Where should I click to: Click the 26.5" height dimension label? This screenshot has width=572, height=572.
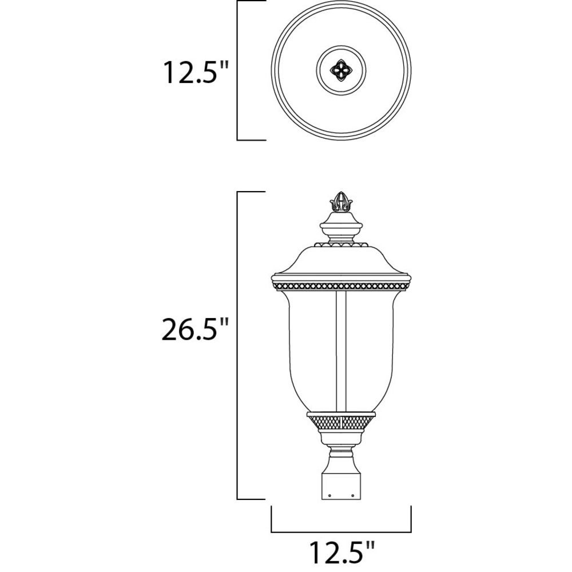[x=195, y=329]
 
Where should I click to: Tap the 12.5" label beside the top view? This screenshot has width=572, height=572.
[x=196, y=73]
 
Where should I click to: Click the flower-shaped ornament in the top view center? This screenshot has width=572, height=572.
[x=341, y=70]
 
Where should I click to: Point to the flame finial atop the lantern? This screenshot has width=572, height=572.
[x=341, y=202]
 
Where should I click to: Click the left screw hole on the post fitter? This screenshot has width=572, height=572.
[x=329, y=496]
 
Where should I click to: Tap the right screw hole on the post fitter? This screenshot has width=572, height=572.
[x=352, y=496]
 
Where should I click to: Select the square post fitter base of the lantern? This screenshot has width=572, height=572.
[x=341, y=486]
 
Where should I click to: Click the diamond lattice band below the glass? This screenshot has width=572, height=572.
[x=341, y=422]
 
